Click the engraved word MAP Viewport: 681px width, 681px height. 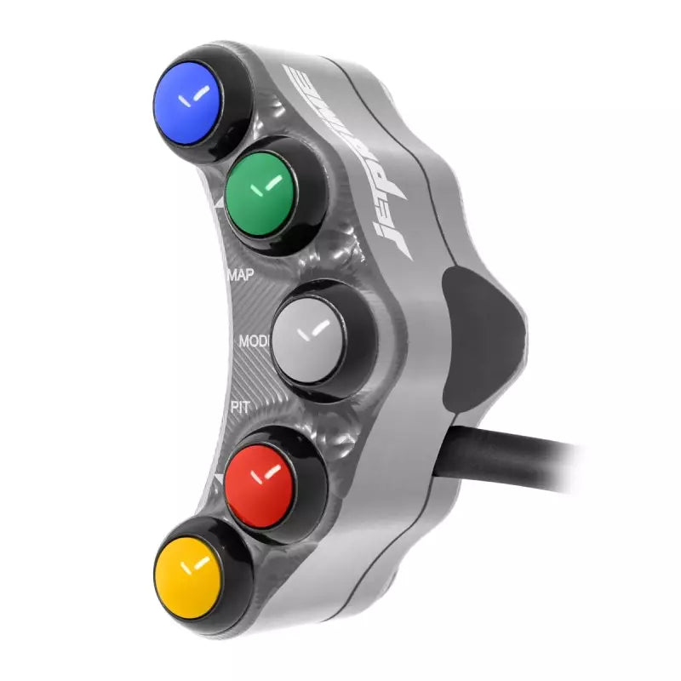(x=243, y=275)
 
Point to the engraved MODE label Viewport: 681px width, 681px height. (x=254, y=341)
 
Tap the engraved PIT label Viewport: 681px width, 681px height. (x=240, y=407)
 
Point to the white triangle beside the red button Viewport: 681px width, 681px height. (x=219, y=482)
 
